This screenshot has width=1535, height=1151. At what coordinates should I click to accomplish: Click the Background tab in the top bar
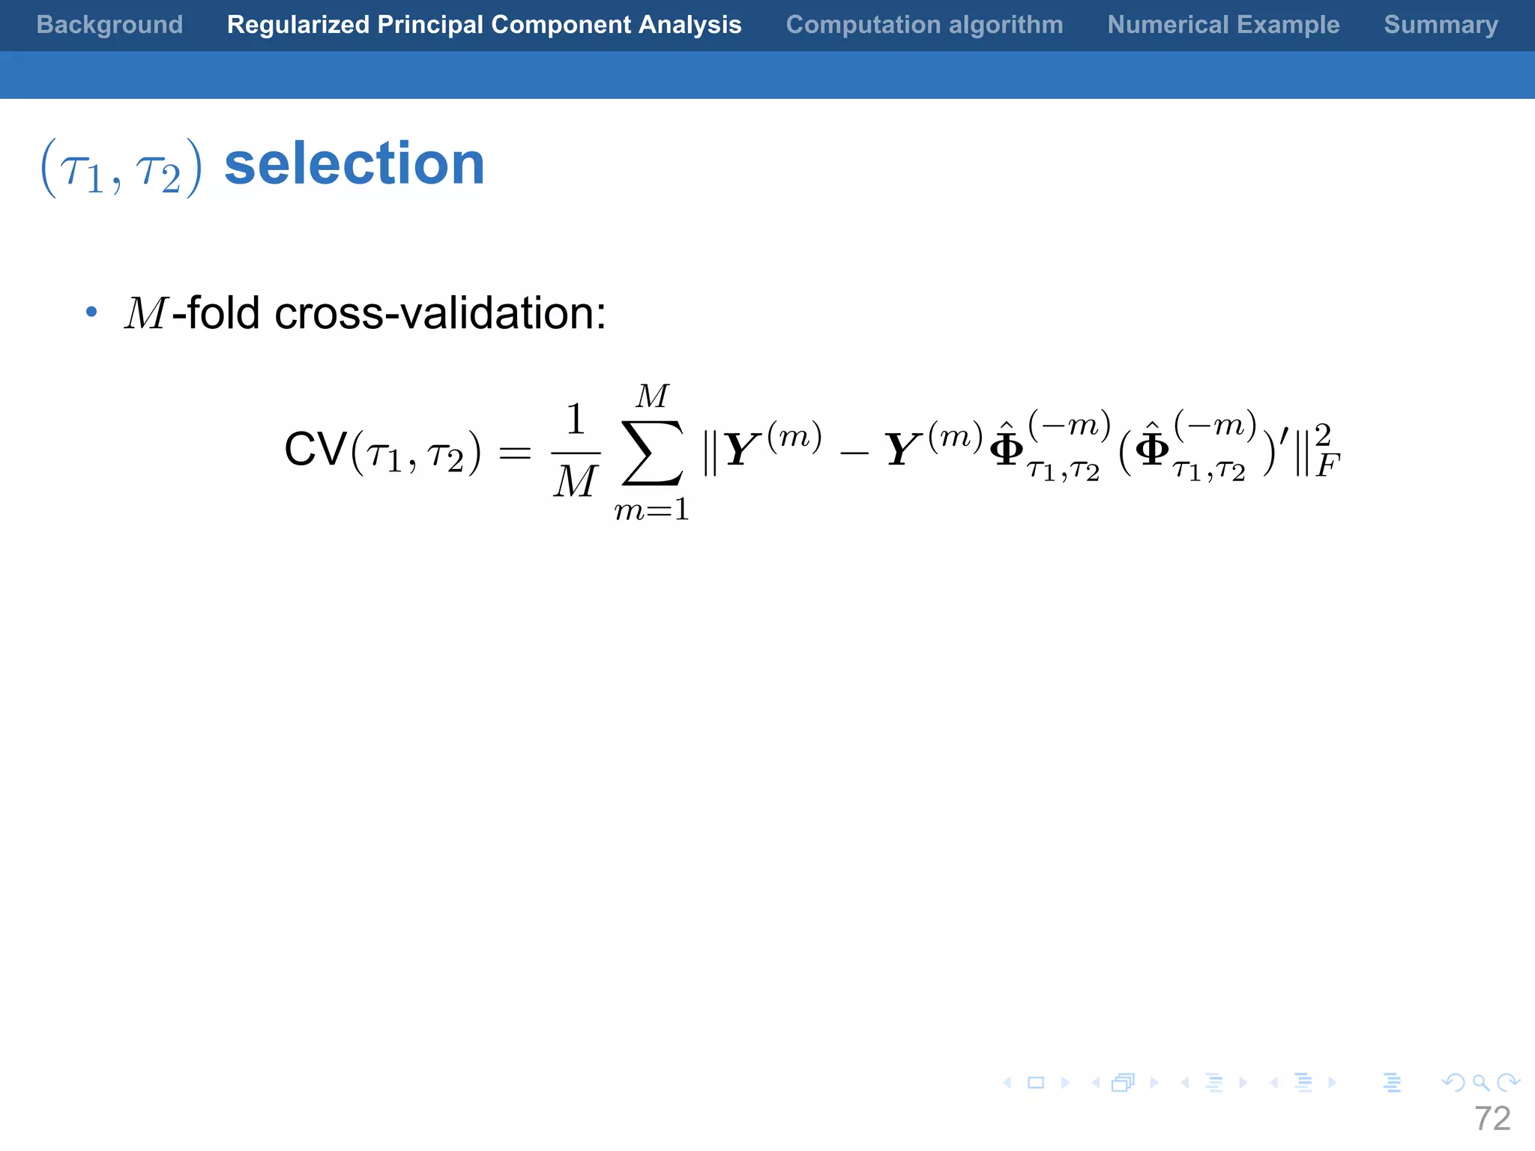tap(109, 25)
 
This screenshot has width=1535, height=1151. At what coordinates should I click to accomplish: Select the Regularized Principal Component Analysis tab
tap(484, 25)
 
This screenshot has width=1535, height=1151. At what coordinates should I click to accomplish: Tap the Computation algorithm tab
tap(924, 25)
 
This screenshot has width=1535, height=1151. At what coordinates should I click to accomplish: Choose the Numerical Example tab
tap(1223, 25)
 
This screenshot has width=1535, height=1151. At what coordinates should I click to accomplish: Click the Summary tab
tap(1441, 25)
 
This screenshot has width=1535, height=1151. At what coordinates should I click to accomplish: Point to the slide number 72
tap(1492, 1119)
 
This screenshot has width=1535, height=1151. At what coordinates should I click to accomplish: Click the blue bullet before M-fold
tap(91, 312)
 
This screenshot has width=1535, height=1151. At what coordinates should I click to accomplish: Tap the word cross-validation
tap(441, 313)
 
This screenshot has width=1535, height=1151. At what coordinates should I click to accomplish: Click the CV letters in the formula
tap(316, 450)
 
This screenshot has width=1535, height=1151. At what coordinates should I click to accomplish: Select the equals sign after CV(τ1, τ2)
tap(515, 453)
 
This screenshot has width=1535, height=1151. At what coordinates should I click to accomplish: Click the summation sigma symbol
tap(653, 453)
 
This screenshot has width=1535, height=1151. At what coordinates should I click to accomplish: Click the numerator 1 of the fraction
tap(575, 420)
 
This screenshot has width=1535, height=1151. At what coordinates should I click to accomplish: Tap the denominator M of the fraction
tap(575, 482)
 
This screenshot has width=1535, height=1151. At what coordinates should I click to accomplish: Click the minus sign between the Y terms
tap(854, 453)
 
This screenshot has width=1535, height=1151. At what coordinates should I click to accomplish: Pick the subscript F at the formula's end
tap(1327, 467)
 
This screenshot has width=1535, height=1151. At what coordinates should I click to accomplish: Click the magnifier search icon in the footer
tap(1480, 1083)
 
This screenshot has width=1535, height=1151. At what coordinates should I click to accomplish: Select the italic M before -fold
tap(145, 313)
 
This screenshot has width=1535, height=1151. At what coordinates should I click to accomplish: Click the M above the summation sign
tap(652, 396)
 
